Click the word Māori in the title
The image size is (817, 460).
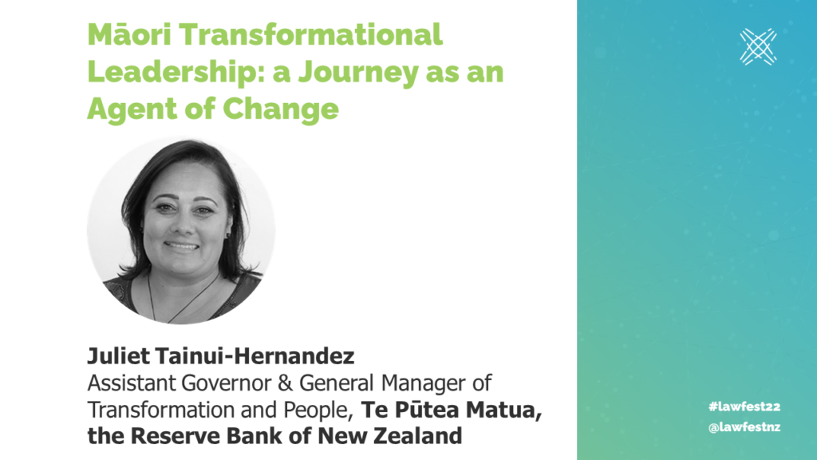click(x=129, y=34)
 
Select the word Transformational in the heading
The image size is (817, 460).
click(x=311, y=34)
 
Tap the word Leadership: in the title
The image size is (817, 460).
click(x=176, y=71)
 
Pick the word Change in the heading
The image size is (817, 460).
click(x=281, y=109)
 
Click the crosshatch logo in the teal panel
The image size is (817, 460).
click(x=758, y=47)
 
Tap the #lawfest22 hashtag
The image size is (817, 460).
click(x=744, y=406)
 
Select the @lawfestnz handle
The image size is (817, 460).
click(x=744, y=427)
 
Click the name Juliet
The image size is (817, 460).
click(x=118, y=356)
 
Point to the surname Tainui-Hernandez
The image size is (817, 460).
click(x=255, y=356)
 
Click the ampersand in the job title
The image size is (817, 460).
click(x=285, y=383)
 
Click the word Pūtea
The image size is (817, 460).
click(x=427, y=410)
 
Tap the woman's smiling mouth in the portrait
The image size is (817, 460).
click(x=181, y=245)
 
